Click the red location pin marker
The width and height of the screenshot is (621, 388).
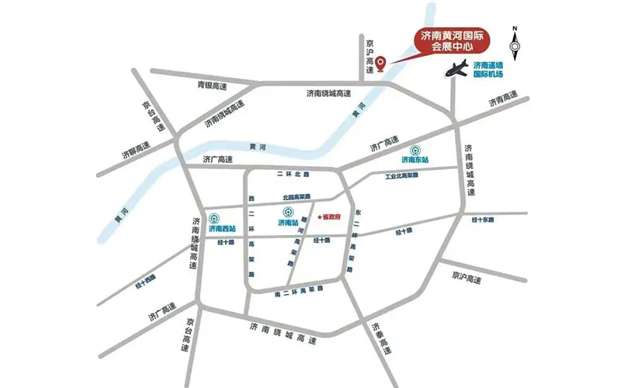point(380,67)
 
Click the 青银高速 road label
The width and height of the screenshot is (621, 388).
point(211,85)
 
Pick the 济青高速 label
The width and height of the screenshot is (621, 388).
point(502,99)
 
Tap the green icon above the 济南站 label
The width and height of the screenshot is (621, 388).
point(288,211)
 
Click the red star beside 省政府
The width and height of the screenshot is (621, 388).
point(319,217)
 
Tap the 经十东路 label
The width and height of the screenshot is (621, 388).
point(483,220)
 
